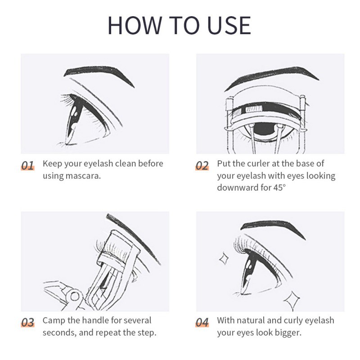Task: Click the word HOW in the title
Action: click(135, 25)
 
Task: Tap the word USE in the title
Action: click(229, 25)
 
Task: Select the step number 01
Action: click(28, 165)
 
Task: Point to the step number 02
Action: click(202, 165)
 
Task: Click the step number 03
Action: click(28, 322)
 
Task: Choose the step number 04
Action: click(202, 322)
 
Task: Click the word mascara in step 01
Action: click(83, 176)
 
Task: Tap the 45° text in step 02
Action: click(279, 188)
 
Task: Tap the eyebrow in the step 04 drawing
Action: click(273, 227)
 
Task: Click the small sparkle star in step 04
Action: click(224, 258)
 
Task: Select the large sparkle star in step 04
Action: click(292, 300)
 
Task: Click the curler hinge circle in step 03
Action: click(75, 297)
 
